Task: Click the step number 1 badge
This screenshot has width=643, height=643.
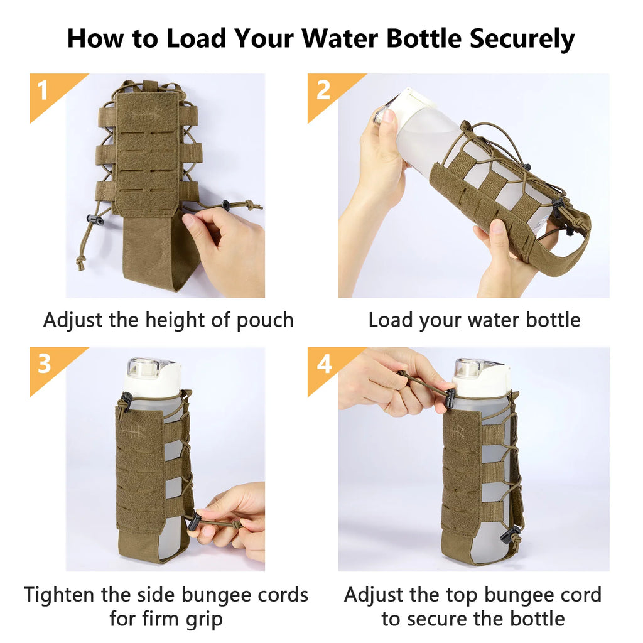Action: [43, 90]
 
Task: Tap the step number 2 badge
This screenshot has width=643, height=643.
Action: [323, 90]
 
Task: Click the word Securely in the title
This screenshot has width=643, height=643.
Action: [522, 39]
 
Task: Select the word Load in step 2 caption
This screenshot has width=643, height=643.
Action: [389, 320]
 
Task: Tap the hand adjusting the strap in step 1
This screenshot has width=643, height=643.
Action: [226, 245]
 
